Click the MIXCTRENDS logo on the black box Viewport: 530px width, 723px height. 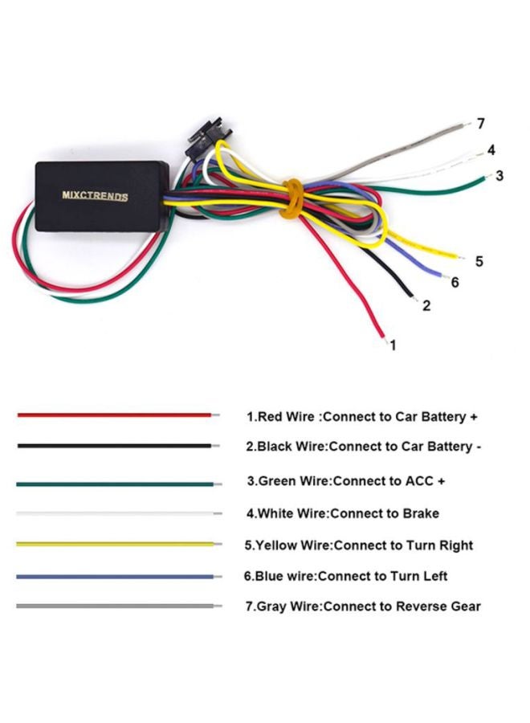tap(95, 195)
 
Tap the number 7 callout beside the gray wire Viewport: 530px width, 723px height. tap(481, 124)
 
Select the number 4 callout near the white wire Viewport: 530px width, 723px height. tap(491, 150)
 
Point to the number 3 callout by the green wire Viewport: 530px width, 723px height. tap(499, 175)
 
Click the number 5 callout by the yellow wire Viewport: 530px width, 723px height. tap(479, 261)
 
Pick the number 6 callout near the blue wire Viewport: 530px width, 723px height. tap(455, 282)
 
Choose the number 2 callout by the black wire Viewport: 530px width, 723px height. tap(426, 305)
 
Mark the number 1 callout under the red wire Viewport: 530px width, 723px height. tap(393, 345)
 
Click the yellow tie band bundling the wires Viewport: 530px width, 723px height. tap(292, 201)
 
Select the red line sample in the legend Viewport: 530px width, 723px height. tap(116, 415)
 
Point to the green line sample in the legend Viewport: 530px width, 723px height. tap(116, 484)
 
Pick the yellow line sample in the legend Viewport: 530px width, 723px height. tap(116, 544)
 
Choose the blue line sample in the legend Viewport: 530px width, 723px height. tap(116, 577)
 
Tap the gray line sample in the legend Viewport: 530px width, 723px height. tap(116, 607)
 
